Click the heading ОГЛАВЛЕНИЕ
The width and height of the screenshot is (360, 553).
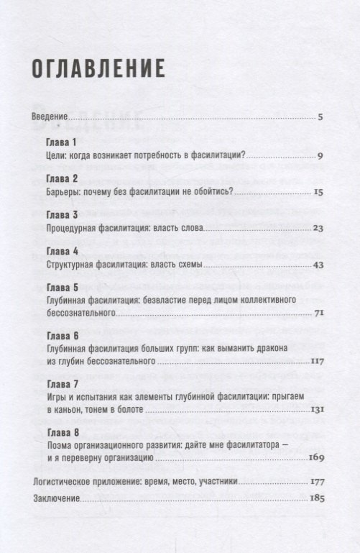click(98, 69)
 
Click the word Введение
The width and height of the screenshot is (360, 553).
click(50, 117)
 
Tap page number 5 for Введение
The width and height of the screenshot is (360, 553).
click(320, 116)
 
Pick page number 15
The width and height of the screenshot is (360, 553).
click(319, 192)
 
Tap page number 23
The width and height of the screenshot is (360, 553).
click(319, 229)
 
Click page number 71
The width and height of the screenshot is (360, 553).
click(320, 314)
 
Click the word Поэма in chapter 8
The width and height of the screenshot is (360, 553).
click(58, 445)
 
